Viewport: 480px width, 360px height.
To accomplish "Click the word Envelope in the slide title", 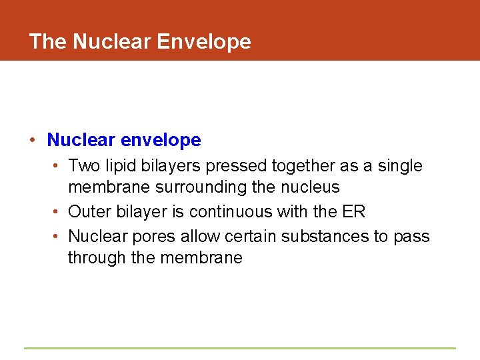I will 203,42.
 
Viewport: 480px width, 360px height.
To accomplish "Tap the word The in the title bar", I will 48,41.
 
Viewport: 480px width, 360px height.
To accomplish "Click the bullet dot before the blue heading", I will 32,140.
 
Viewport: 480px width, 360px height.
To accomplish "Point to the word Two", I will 82,165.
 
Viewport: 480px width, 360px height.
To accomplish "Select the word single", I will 400,166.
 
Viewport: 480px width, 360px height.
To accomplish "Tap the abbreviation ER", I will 354,212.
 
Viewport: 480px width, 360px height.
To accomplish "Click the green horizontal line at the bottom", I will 240,348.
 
